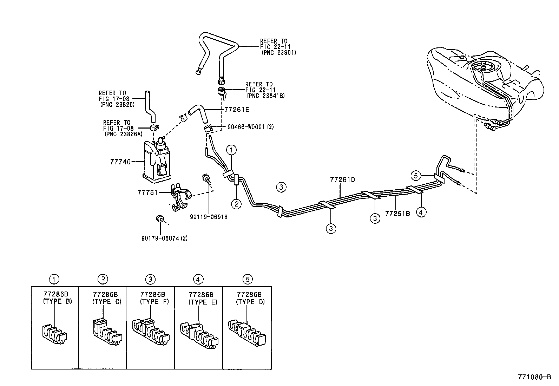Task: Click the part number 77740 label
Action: click(x=120, y=162)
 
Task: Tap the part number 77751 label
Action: click(x=147, y=192)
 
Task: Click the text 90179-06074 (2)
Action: click(x=164, y=238)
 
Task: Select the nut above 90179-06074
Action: click(x=160, y=219)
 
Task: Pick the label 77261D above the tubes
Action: click(x=342, y=180)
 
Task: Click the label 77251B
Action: click(x=397, y=213)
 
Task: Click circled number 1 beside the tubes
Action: click(x=231, y=150)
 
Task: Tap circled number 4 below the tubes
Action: click(x=421, y=212)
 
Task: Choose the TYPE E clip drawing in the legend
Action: click(x=199, y=335)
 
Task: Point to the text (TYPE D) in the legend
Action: click(x=250, y=302)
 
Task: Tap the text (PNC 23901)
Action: click(x=279, y=52)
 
